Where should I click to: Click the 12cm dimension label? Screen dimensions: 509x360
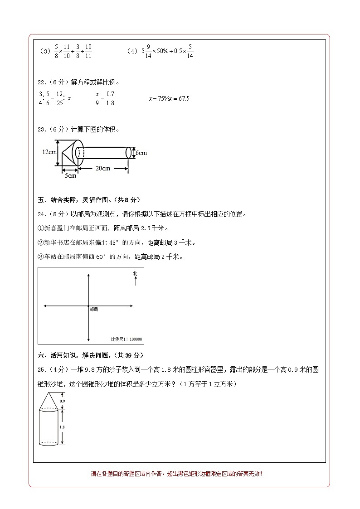pos(49,152)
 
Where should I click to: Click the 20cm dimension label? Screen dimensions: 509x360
pos(103,168)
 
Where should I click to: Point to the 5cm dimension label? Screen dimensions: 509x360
pos(70,176)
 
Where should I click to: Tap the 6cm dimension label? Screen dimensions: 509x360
pos(141,153)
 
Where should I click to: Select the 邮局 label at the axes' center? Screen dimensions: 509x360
pos(94,309)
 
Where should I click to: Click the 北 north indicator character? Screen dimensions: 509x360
pos(135,273)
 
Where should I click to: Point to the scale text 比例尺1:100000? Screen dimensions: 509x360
pos(126,339)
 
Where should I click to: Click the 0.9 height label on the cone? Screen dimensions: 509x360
pos(63,401)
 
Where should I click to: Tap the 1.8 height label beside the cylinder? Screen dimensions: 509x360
pos(63,427)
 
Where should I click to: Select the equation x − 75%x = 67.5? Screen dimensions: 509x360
pos(169,98)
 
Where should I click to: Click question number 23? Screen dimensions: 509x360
pos(42,130)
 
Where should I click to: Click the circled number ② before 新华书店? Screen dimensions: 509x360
pos(40,242)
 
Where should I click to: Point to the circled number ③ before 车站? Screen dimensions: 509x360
pos(40,257)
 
